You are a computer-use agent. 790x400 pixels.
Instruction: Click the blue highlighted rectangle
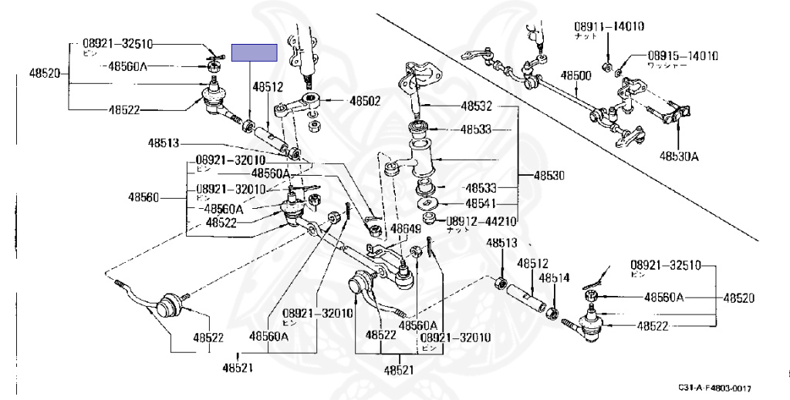[256, 53]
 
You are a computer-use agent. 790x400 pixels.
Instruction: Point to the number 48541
[481, 203]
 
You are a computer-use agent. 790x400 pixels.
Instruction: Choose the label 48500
[576, 76]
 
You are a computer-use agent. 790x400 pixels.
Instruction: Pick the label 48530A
[678, 156]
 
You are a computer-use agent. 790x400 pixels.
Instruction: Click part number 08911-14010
[609, 26]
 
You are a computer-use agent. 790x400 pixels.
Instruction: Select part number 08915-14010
[683, 55]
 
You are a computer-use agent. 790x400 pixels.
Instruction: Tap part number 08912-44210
[481, 220]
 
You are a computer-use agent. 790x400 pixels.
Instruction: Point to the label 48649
[405, 229]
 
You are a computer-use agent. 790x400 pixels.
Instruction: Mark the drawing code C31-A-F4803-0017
[715, 388]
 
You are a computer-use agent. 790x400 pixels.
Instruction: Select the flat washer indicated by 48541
[427, 203]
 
